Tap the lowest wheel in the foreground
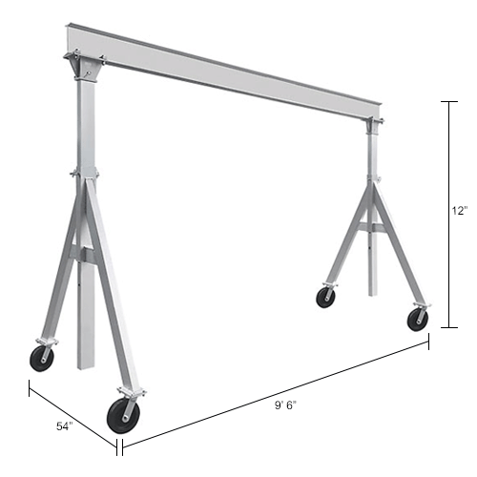tap(123, 413)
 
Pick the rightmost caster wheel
tap(417, 319)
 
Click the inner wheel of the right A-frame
tap(326, 297)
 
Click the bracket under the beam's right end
tap(373, 123)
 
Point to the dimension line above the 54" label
tap(72, 412)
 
